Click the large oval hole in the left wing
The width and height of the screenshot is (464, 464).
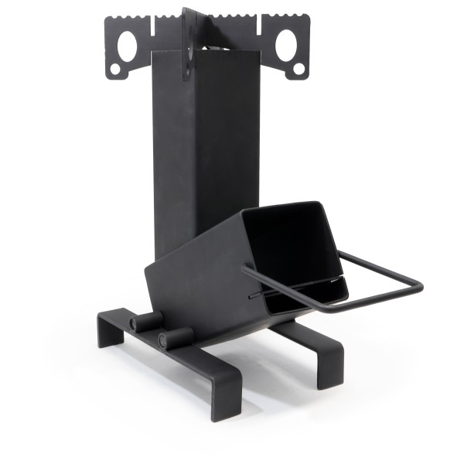(127, 46)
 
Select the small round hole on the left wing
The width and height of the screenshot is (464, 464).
(115, 69)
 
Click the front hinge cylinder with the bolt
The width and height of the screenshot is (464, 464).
(175, 338)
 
